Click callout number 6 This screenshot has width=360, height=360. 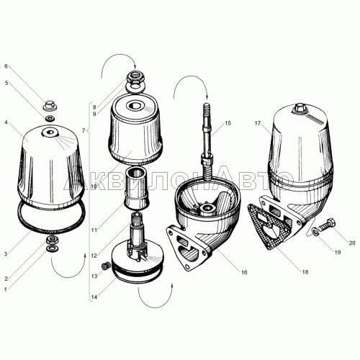click(6, 66)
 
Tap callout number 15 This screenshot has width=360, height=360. click(228, 123)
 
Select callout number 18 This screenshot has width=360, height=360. click(305, 272)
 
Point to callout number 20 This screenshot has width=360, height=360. click(352, 243)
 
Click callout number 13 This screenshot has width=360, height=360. click(94, 276)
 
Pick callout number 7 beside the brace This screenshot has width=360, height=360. click(84, 130)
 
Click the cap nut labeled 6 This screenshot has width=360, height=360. click(50, 106)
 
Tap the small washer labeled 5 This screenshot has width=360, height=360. click(50, 118)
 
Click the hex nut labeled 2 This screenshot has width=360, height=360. click(51, 240)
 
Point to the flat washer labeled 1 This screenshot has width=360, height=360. click(51, 248)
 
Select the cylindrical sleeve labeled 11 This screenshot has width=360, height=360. click(137, 189)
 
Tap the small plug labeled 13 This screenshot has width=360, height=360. click(105, 266)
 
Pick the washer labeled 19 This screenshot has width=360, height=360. click(315, 231)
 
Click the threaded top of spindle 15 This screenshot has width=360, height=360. click(207, 109)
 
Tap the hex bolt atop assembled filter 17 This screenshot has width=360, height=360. click(299, 108)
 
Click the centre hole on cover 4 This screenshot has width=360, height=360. click(50, 132)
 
